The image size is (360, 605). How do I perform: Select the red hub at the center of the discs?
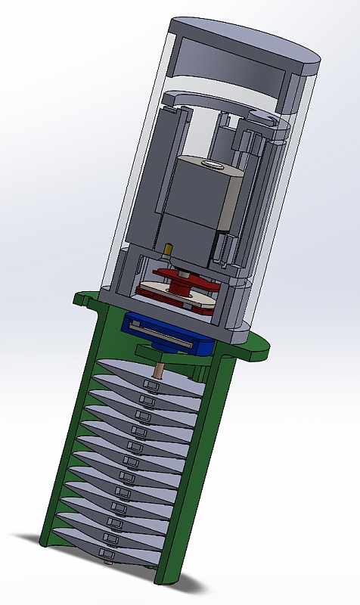(184, 287)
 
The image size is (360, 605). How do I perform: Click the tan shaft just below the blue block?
(160, 371)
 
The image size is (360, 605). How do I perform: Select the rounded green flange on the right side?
(253, 347)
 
